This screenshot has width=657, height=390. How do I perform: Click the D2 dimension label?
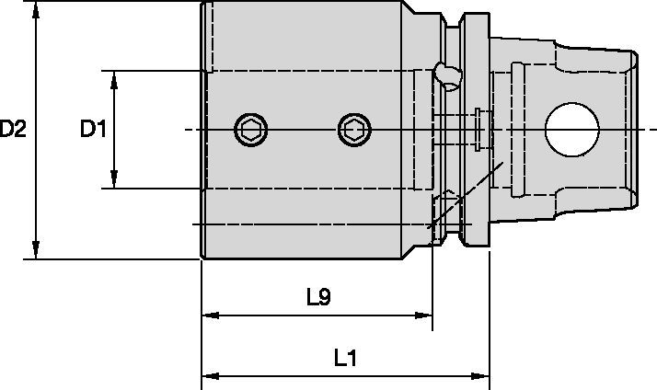(14, 130)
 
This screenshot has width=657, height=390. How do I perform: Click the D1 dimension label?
(92, 130)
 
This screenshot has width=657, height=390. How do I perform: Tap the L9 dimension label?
(318, 296)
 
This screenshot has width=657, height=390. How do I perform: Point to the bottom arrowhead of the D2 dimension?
(35, 250)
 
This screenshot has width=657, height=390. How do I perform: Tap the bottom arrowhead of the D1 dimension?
(114, 181)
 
